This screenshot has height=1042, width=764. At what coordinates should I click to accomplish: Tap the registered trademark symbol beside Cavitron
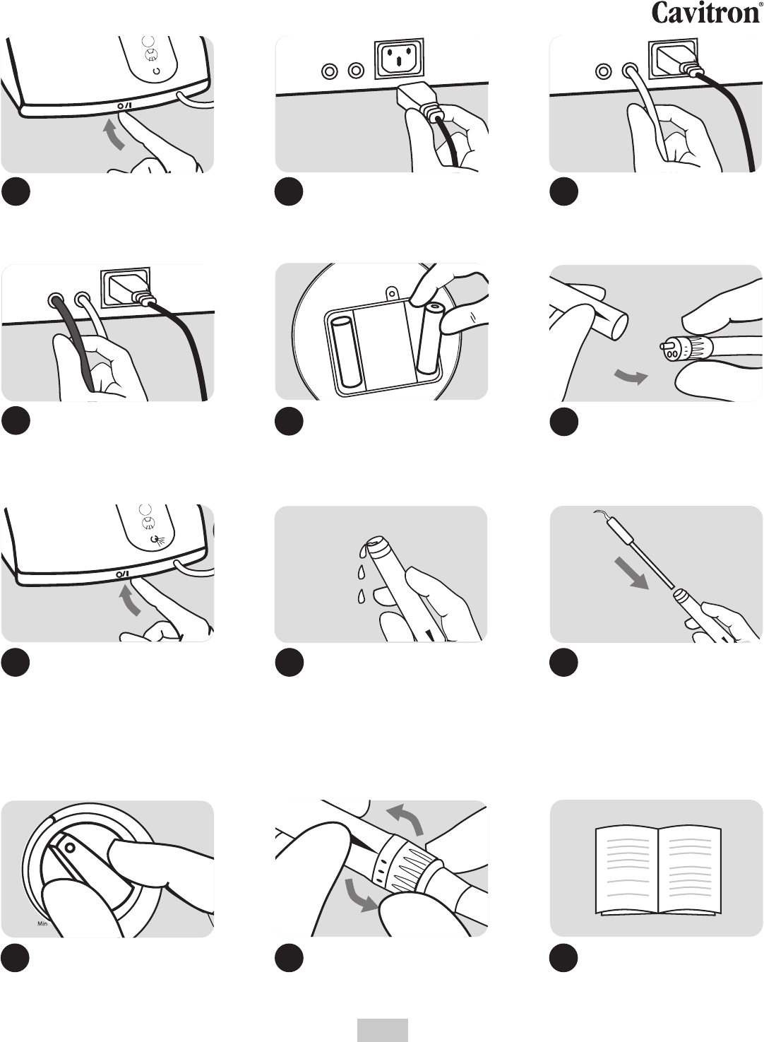tap(760, 4)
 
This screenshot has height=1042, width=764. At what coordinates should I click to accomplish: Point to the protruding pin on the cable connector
tap(664, 347)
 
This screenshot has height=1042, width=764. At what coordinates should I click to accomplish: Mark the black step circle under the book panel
tap(564, 959)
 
